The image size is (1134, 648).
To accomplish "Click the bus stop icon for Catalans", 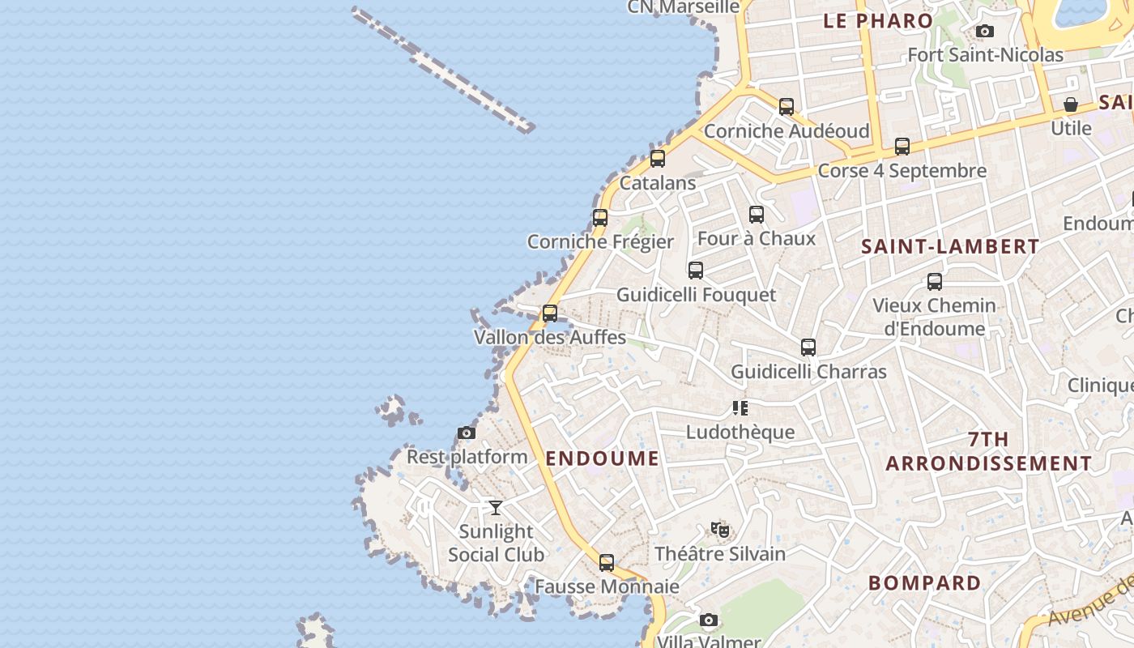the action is [658, 159].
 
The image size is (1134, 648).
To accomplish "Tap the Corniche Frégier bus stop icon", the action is [600, 218].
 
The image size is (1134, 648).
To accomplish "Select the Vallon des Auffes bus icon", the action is [550, 313].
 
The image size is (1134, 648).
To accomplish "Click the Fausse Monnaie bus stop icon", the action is [607, 563].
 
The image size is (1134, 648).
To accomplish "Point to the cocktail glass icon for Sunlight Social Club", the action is [496, 508].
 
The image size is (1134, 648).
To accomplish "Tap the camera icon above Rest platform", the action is [467, 433].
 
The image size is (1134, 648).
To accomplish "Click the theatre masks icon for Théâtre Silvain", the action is [720, 530].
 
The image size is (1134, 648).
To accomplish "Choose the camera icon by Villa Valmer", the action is [709, 620].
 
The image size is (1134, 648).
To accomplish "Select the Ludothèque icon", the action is [740, 408].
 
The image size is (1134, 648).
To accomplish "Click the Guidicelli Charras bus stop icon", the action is [808, 347].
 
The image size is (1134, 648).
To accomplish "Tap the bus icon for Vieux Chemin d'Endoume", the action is [935, 282].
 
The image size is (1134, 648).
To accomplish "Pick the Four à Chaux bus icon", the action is [757, 215].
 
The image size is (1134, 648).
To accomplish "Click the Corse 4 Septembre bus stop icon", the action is [902, 147].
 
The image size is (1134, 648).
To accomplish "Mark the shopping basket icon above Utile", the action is [1071, 104].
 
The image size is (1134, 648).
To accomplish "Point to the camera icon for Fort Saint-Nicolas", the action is [985, 32].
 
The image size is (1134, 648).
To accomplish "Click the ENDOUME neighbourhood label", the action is [603, 458].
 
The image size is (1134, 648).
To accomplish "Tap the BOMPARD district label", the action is [924, 583].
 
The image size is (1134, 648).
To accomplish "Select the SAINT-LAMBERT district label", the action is [949, 247].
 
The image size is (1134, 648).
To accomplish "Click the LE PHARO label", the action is [878, 21].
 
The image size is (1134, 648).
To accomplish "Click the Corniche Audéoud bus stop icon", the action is [787, 107].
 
